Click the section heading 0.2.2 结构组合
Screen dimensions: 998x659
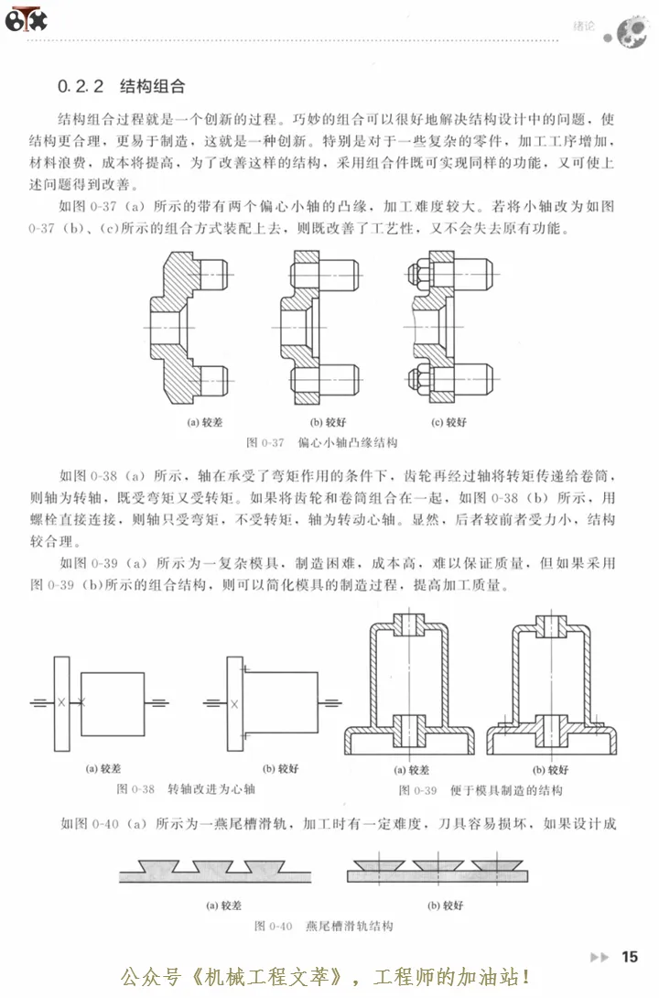pyautogui.click(x=121, y=87)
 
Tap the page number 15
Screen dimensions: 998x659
pyautogui.click(x=629, y=957)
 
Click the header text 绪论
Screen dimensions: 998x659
pyautogui.click(x=583, y=27)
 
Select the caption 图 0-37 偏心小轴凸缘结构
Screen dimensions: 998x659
pyautogui.click(x=322, y=442)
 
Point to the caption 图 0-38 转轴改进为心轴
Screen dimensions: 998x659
pyautogui.click(x=186, y=788)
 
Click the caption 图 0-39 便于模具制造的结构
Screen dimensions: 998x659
pyautogui.click(x=480, y=790)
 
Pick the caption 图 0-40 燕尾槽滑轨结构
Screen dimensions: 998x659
pyautogui.click(x=324, y=927)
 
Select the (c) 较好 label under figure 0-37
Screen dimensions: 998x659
pyautogui.click(x=448, y=423)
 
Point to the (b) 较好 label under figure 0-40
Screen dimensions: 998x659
pyautogui.click(x=446, y=906)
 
